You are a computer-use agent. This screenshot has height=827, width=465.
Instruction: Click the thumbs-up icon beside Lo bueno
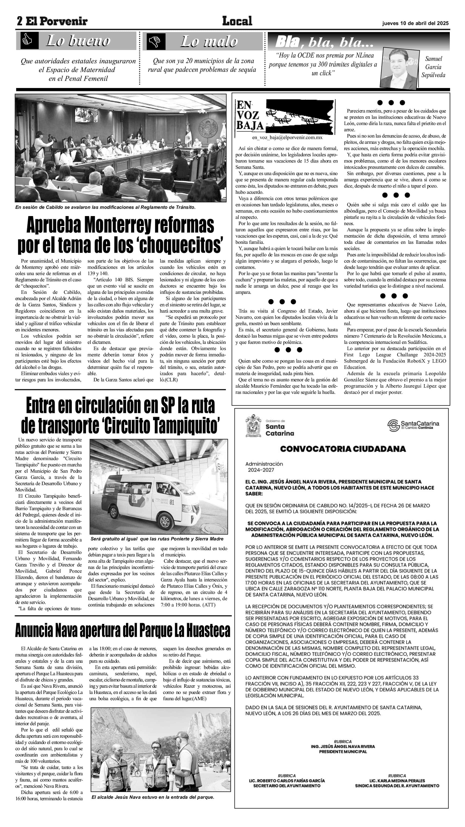click(x=27, y=41)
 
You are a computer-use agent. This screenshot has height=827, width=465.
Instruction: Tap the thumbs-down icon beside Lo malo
click(x=156, y=41)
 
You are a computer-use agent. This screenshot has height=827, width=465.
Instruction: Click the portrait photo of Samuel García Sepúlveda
click(x=399, y=68)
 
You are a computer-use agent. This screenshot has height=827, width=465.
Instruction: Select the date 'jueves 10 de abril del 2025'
click(x=415, y=23)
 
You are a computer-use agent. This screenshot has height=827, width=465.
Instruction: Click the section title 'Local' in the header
click(x=237, y=21)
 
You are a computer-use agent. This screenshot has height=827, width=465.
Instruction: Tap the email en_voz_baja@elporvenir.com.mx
click(x=287, y=137)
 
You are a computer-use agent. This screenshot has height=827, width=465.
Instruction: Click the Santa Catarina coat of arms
click(x=253, y=426)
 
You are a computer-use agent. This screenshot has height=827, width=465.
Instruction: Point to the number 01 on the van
click(x=172, y=502)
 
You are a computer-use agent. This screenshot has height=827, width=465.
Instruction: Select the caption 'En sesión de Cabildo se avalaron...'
click(x=105, y=207)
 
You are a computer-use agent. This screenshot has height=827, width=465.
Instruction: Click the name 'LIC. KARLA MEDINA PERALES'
click(x=397, y=780)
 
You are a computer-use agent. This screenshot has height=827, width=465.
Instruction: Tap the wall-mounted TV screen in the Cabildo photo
click(x=86, y=115)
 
